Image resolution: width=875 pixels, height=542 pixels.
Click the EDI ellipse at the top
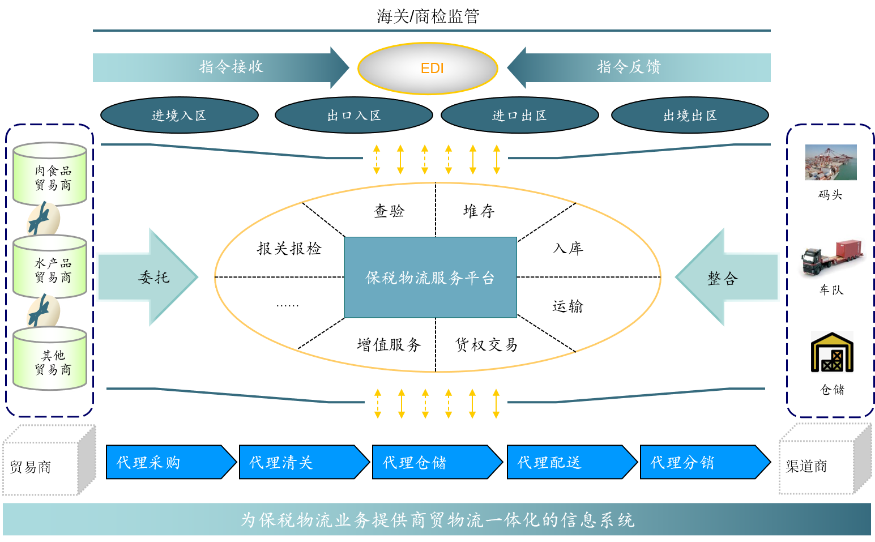coord(428,69)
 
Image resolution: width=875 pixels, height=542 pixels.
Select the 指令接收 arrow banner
coord(221,67)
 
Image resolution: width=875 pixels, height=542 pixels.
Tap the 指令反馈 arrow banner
coord(639,67)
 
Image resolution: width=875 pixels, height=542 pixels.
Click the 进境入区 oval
coord(179,116)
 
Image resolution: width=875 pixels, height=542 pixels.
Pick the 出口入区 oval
coord(353,116)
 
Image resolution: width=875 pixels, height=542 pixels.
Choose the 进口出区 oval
coord(519,116)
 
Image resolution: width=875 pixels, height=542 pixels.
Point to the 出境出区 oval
coord(690,116)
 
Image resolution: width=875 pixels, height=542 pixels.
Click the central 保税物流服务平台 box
coord(430,278)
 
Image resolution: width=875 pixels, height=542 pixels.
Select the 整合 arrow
coord(727,278)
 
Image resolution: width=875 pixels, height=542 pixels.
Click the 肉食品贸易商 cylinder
coord(51,175)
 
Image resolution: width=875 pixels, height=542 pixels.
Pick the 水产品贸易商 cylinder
coord(51,268)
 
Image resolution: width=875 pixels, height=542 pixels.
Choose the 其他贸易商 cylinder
coord(51,360)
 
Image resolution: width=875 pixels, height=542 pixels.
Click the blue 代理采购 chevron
coord(170,462)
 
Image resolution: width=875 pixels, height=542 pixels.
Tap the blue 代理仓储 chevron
coord(436,462)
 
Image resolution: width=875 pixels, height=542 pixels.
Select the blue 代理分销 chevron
coord(704,462)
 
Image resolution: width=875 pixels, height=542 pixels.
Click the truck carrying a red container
coord(831,252)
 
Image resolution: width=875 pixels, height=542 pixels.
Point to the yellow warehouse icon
coord(832,352)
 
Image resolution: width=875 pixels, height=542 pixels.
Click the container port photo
coord(831,163)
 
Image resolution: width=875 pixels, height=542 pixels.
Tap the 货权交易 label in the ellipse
coord(486,344)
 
